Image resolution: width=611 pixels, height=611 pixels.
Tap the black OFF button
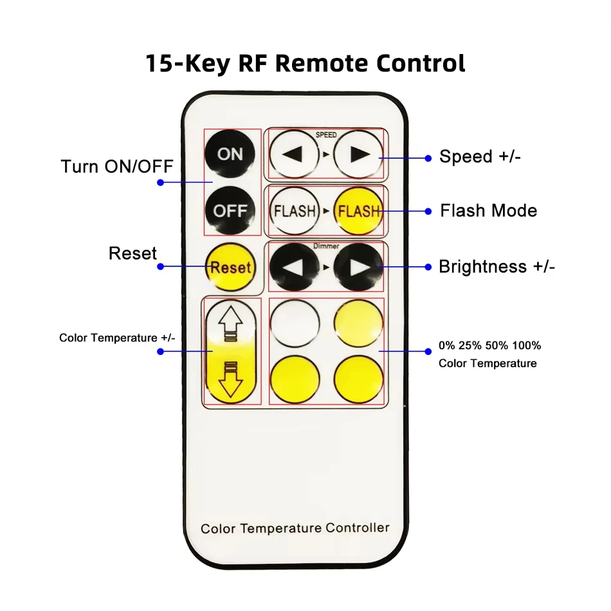pyautogui.click(x=230, y=210)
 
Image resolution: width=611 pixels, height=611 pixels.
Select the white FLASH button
pyautogui.click(x=295, y=211)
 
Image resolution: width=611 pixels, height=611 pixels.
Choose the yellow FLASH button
pyautogui.click(x=358, y=211)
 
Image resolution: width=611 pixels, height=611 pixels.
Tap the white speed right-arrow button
pyautogui.click(x=358, y=154)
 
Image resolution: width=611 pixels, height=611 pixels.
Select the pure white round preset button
pyautogui.click(x=295, y=324)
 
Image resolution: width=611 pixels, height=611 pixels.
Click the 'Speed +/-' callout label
pyautogui.click(x=480, y=156)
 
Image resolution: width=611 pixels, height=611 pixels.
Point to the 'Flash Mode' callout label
pyautogui.click(x=488, y=210)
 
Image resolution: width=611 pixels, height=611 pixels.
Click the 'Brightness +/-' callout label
pyautogui.click(x=497, y=267)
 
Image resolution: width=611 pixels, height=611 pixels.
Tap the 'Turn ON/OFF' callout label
pyautogui.click(x=117, y=167)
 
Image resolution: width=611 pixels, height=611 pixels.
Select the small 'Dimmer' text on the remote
pyautogui.click(x=326, y=246)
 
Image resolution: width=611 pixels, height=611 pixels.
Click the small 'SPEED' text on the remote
pyautogui.click(x=326, y=135)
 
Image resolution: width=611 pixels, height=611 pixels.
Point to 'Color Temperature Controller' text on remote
pyautogui.click(x=295, y=528)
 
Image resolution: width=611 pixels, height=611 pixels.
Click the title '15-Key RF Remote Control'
pyautogui.click(x=305, y=64)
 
